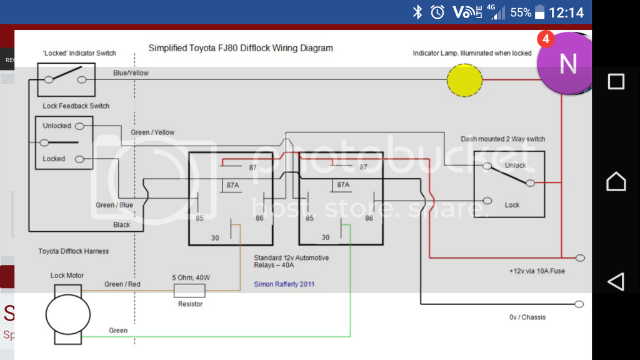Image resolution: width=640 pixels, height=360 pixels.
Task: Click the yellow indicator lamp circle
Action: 464,80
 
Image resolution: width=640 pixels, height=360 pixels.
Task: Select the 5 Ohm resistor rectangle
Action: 189,290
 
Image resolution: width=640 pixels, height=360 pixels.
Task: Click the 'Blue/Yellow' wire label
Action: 131,73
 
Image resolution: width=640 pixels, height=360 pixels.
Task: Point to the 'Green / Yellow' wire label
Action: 152,132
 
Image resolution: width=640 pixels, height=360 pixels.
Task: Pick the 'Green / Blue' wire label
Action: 114,205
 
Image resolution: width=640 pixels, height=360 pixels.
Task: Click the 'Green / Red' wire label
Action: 122,284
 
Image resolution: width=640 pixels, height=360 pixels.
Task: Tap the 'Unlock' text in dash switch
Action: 516,166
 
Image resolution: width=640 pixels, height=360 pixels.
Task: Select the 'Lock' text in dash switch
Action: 512,205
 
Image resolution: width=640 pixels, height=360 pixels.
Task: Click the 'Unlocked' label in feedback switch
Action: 57,126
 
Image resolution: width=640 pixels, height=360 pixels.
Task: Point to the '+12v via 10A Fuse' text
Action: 537,271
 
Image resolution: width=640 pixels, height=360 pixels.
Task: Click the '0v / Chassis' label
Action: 527,317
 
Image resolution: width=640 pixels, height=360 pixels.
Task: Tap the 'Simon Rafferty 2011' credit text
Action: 284,284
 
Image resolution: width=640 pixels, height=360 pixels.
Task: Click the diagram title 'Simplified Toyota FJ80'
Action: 241,48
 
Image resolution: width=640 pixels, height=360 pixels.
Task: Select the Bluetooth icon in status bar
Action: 417,12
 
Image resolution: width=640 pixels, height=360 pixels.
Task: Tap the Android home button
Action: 616,181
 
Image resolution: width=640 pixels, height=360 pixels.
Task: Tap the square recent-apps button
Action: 616,81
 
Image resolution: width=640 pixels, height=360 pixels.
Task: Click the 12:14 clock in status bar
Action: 566,12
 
